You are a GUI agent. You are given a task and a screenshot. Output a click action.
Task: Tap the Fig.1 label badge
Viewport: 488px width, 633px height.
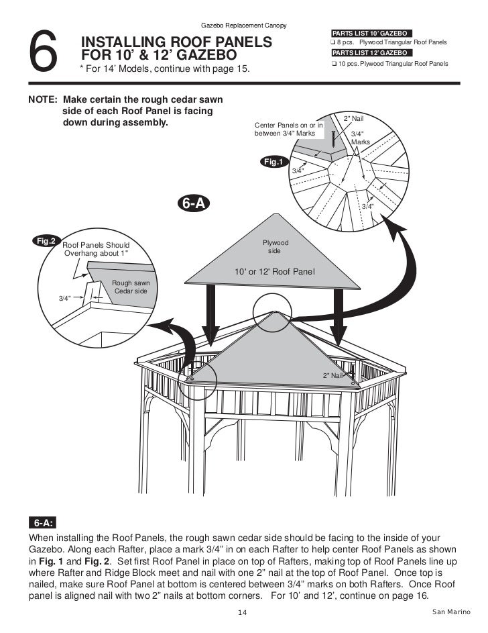[275, 162]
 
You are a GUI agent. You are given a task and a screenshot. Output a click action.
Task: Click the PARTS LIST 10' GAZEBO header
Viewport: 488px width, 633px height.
[371, 33]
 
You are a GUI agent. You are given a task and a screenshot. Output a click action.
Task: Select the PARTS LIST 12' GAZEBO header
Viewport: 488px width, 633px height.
[371, 52]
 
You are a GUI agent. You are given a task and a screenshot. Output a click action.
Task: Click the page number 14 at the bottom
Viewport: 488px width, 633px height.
[243, 612]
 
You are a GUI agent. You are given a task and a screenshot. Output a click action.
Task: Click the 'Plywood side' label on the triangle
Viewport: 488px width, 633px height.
[275, 246]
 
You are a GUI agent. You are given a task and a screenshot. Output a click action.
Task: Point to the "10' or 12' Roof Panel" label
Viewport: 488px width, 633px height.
[274, 272]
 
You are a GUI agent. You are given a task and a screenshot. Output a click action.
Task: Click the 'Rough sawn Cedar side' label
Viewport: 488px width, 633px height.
[130, 287]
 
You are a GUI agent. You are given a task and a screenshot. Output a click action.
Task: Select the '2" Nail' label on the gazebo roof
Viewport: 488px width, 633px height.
[332, 375]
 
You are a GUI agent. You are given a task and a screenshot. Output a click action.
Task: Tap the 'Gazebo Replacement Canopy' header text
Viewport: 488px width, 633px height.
[244, 26]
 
